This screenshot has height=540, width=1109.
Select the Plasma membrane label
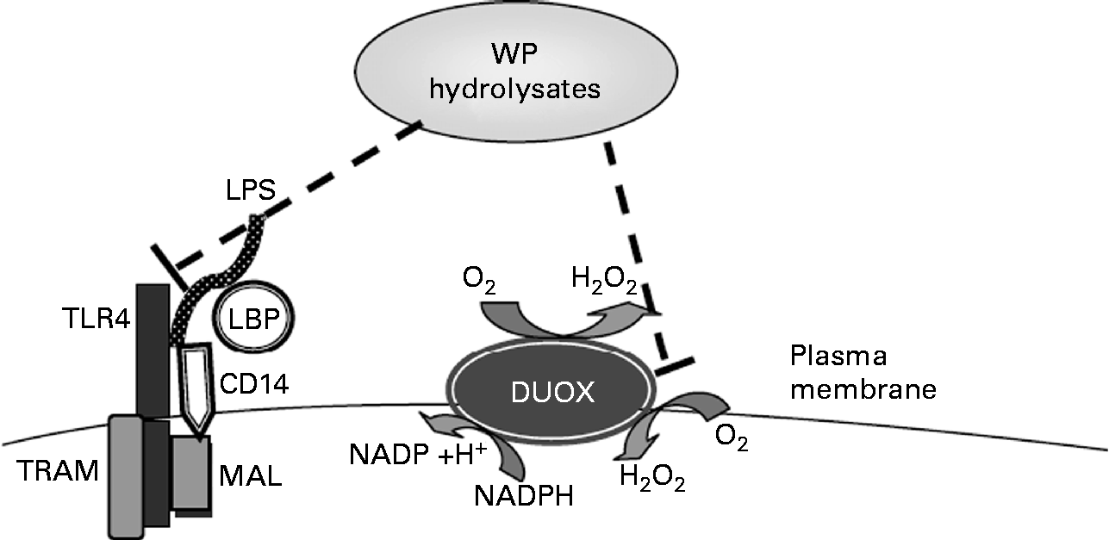862,373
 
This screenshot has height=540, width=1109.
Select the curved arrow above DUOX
556,323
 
